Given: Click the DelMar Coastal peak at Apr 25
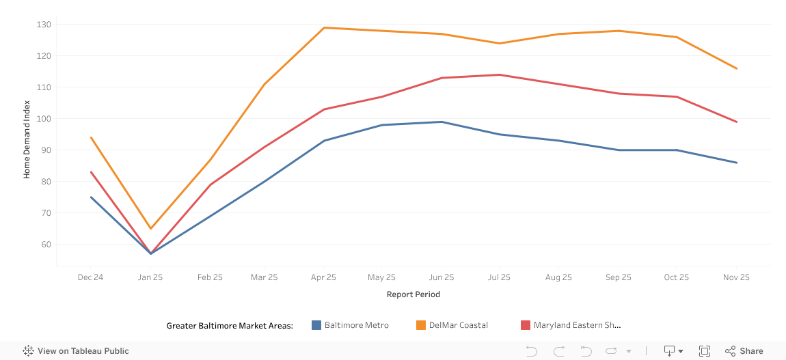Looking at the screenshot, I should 324,27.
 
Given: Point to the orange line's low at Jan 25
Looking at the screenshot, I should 150,228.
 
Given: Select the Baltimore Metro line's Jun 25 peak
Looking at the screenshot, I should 442,122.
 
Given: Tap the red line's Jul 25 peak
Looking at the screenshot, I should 500,74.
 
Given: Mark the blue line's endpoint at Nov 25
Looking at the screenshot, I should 736,163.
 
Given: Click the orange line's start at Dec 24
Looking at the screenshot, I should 91,137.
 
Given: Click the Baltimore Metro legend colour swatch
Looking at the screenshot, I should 316,325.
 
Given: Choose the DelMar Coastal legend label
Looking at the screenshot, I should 458,325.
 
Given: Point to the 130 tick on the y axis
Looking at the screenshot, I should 45,25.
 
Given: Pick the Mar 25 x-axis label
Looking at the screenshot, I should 265,277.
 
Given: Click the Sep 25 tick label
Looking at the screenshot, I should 618,277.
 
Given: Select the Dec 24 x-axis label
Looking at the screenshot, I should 90,277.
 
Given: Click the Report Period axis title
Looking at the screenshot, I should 413,294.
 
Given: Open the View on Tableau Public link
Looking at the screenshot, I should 76,351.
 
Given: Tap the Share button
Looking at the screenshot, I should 744,351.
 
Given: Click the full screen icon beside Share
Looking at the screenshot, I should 704,351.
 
